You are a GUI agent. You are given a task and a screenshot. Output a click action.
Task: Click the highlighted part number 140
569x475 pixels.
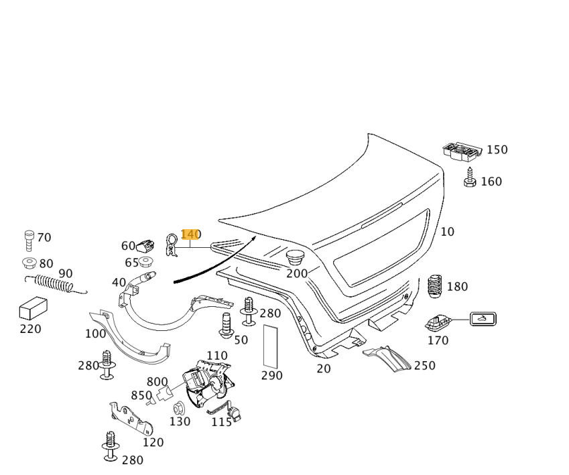pos(190,234)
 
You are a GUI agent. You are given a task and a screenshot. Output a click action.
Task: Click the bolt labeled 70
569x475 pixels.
pos(28,239)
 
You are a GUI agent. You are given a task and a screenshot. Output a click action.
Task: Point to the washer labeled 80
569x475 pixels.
pos(28,262)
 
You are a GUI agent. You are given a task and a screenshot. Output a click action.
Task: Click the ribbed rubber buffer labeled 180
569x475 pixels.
pos(436,287)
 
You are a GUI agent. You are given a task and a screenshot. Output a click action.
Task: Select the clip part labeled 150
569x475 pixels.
pos(462,151)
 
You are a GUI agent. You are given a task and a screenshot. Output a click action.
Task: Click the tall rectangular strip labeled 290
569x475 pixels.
pos(271,346)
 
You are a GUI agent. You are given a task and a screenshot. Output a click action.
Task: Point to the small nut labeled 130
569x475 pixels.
pos(178,407)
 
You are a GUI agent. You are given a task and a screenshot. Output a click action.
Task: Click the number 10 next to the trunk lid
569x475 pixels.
pos(447,232)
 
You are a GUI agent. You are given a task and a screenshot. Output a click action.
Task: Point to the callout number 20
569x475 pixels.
pos(324,368)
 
